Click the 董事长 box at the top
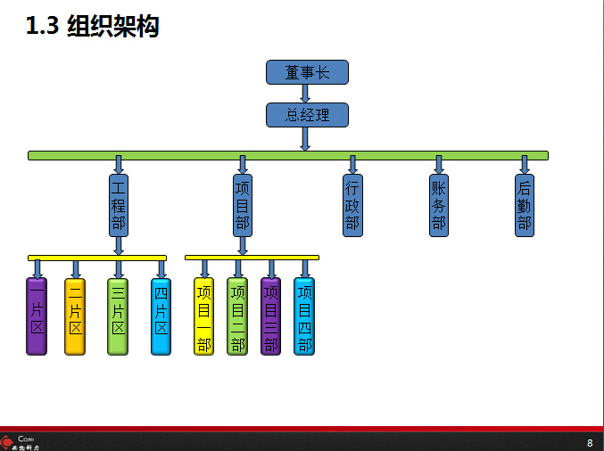pos(307,72)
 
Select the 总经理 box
pos(307,115)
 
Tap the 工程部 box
pos(119,204)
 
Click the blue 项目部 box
pos(242,204)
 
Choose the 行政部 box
pos(352,204)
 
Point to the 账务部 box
pos(438,204)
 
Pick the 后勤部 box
pos(525,204)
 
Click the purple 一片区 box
pos(37,316)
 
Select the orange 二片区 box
pos(75,316)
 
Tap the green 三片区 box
pos(118,316)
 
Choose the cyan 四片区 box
pos(161,316)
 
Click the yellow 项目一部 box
pos(203,316)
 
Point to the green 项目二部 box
pos(237,316)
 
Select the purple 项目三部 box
pos(271,316)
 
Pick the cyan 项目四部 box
pos(304,316)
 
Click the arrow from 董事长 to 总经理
pos(305,94)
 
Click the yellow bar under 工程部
pos(97,258)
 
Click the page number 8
pos(589,443)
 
